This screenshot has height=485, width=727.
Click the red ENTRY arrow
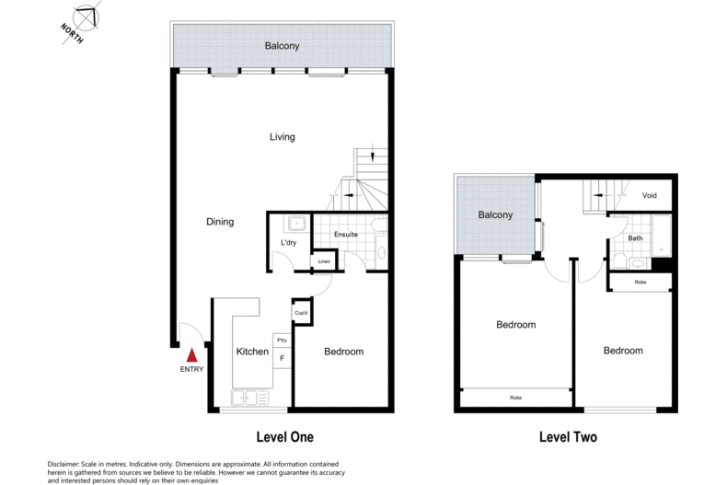tap(192, 354)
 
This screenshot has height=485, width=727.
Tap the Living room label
tap(282, 137)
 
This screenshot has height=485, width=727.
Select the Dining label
tap(220, 222)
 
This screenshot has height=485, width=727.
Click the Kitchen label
tap(252, 352)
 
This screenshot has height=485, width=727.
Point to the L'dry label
tap(288, 243)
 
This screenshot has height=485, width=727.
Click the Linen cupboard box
tap(323, 262)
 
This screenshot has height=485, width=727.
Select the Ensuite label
tap(346, 234)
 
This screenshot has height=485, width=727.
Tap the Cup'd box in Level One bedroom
tap(301, 313)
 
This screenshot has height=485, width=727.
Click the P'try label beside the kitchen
tap(282, 341)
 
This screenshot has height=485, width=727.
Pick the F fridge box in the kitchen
tap(282, 357)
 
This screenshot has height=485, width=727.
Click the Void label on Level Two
tap(649, 195)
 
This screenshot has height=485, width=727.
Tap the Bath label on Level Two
tap(635, 238)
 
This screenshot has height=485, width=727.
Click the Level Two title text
tap(567, 436)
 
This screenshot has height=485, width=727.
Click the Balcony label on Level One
tap(282, 46)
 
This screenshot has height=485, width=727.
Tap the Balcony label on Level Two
tap(495, 214)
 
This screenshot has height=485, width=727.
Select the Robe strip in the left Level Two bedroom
tap(515, 398)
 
